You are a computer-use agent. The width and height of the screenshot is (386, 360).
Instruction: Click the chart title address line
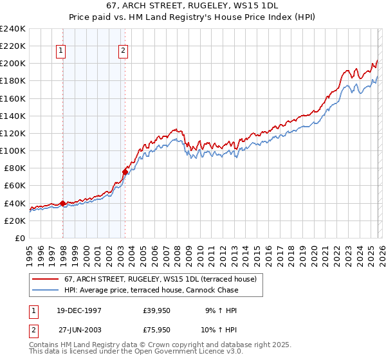[x=192, y=4]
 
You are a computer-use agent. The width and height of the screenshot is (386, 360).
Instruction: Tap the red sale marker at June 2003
[x=125, y=172]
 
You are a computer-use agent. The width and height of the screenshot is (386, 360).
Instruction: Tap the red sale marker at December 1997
[x=62, y=203]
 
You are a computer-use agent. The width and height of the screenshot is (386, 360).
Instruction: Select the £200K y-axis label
[x=13, y=63]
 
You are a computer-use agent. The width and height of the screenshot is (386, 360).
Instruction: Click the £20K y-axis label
[x=15, y=221]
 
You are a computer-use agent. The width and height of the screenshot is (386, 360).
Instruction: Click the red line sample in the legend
[x=46, y=279]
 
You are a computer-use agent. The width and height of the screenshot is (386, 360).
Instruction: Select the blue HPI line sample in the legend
[x=46, y=290]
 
